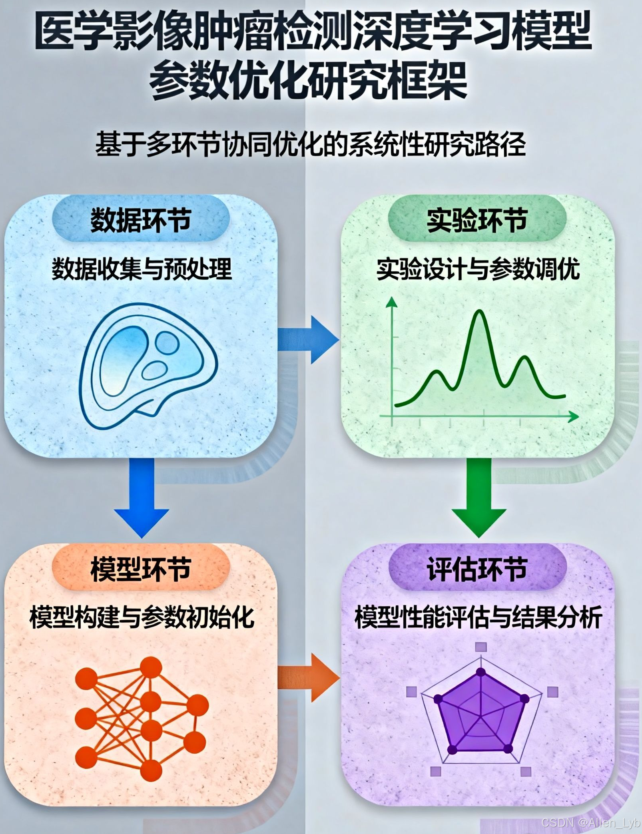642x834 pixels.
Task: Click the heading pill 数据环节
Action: click(x=141, y=220)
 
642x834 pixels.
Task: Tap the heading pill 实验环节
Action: click(x=477, y=220)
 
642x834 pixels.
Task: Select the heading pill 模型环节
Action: click(x=141, y=569)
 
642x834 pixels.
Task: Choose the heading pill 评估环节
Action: click(x=477, y=569)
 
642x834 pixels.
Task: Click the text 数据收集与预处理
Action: click(x=142, y=269)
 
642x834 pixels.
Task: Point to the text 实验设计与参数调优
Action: click(x=478, y=269)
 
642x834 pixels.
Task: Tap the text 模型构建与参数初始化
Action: click(x=142, y=618)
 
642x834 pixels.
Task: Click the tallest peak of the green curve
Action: click(x=479, y=312)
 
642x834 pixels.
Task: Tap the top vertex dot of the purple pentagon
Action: click(x=481, y=672)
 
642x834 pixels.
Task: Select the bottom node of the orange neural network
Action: click(x=151, y=768)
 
